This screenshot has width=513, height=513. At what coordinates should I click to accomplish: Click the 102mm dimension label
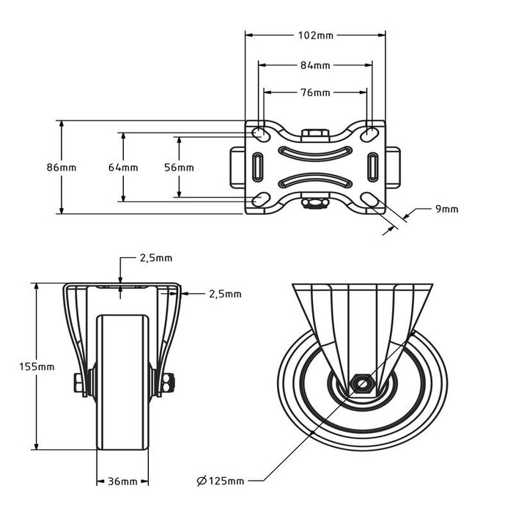pyautogui.click(x=316, y=34)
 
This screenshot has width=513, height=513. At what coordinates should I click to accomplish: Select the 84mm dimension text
pyautogui.click(x=316, y=65)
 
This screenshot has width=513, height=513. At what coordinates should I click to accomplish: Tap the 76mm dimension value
pyautogui.click(x=316, y=92)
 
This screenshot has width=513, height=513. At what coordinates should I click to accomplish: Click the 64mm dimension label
pyautogui.click(x=122, y=167)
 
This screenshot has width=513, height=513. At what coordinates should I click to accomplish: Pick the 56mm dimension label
pyautogui.click(x=179, y=167)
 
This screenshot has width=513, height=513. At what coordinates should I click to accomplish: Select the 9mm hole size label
pyautogui.click(x=446, y=209)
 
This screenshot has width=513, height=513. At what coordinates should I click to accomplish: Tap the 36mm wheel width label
pyautogui.click(x=122, y=481)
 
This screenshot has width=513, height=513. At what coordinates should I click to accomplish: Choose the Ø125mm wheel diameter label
pyautogui.click(x=221, y=481)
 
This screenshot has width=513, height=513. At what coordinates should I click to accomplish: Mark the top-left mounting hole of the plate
pyautogui.click(x=259, y=133)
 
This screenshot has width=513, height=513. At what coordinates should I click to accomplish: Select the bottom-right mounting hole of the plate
pyautogui.click(x=372, y=199)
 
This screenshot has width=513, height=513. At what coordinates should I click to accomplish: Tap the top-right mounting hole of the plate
pyautogui.click(x=372, y=133)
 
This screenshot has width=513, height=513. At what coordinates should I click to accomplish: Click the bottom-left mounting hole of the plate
pyautogui.click(x=259, y=199)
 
